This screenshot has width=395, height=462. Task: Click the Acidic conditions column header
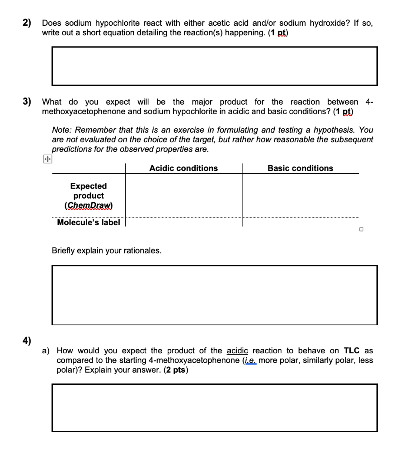pyautogui.click(x=183, y=168)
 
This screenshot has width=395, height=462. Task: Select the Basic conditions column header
pyautogui.click(x=300, y=168)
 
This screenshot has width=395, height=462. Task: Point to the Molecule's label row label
pyautogui.click(x=89, y=222)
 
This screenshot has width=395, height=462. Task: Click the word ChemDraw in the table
pyautogui.click(x=89, y=206)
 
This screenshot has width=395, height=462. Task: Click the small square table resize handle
pyautogui.click(x=361, y=230)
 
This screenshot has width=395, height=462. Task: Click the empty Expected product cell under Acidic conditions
pyautogui.click(x=183, y=195)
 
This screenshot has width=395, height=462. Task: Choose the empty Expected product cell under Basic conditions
pyautogui.click(x=300, y=195)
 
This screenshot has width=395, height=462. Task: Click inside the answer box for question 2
pyautogui.click(x=214, y=66)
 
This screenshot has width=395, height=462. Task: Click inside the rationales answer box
pyautogui.click(x=214, y=295)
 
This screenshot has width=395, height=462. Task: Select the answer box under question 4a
pyautogui.click(x=214, y=407)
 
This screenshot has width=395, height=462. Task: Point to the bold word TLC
pyautogui.click(x=352, y=351)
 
